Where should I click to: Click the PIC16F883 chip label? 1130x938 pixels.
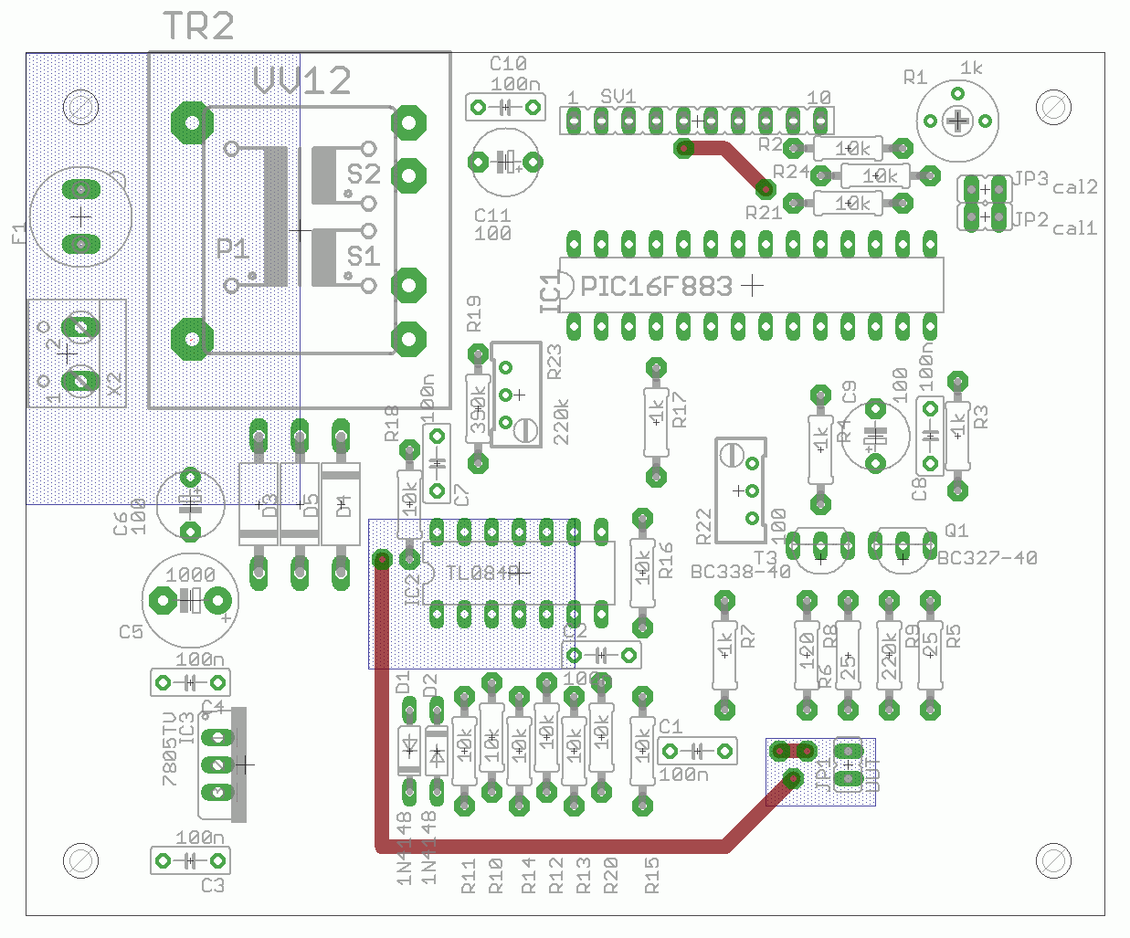tap(656, 287)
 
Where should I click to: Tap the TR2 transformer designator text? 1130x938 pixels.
tap(198, 26)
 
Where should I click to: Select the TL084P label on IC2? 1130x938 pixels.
tap(481, 573)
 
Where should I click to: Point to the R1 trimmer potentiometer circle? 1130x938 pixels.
tap(957, 121)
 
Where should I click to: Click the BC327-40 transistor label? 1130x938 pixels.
tap(987, 557)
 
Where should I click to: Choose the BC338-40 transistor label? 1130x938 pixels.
tap(740, 572)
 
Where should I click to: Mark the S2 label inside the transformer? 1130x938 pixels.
tap(363, 174)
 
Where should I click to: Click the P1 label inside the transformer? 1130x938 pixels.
tap(232, 248)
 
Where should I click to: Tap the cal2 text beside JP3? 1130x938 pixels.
tap(1074, 187)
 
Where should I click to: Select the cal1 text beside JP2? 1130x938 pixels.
tap(1074, 227)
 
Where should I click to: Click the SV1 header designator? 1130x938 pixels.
tap(618, 97)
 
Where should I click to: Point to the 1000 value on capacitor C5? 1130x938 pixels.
tap(190, 574)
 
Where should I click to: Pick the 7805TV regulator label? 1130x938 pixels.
tap(170, 749)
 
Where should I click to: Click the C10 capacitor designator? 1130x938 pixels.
tap(508, 64)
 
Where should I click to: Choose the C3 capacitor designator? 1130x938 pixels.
tap(212, 885)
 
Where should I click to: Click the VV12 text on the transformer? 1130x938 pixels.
tap(302, 81)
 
